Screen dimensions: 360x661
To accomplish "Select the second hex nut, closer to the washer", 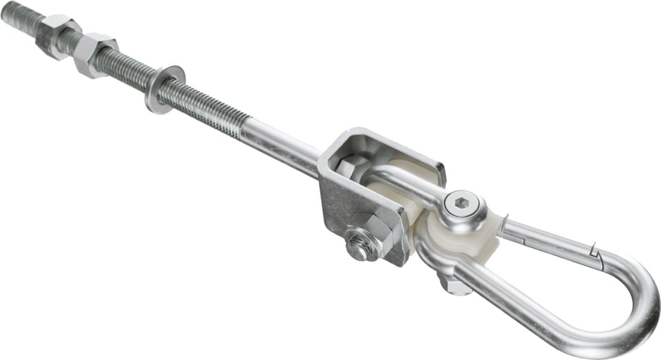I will (x=95, y=54).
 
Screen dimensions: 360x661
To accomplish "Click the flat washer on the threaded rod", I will (x=164, y=89).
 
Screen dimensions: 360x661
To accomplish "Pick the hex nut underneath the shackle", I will (x=452, y=283).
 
